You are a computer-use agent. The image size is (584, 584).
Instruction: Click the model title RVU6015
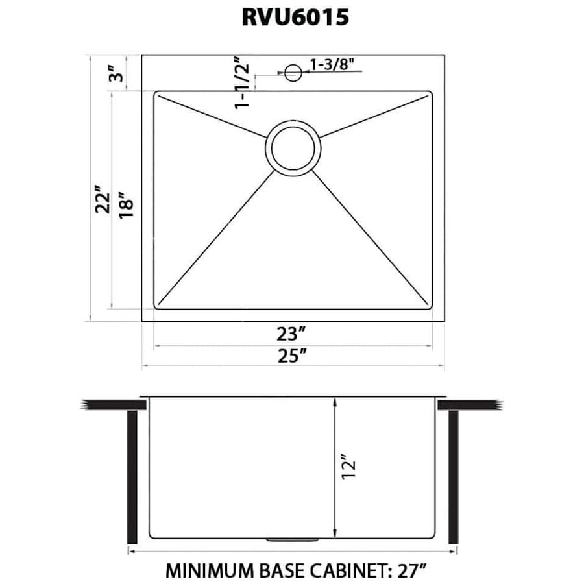tap(295, 18)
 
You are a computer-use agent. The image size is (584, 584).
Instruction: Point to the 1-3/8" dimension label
tap(334, 64)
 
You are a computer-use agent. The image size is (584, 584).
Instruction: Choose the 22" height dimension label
tap(99, 202)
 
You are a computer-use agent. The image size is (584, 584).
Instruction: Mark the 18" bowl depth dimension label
tap(127, 204)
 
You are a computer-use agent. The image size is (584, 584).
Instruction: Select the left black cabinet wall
tap(133, 477)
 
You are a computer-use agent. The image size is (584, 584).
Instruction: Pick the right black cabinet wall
tap(454, 477)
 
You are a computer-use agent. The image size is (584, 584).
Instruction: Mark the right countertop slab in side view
tap(471, 404)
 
